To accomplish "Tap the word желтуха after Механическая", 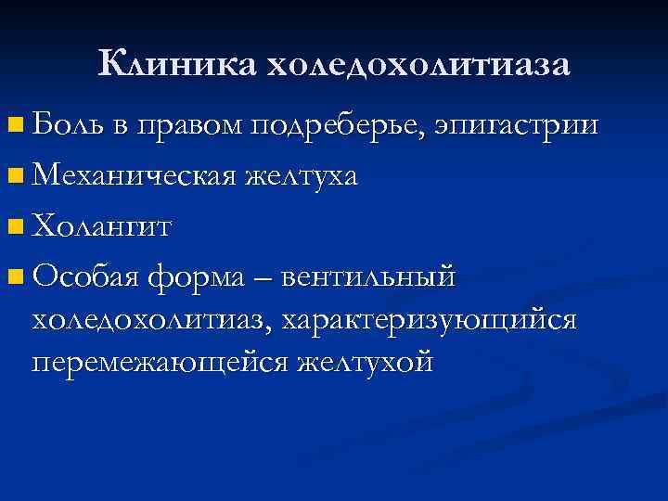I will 301,173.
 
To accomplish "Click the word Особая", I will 84,275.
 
